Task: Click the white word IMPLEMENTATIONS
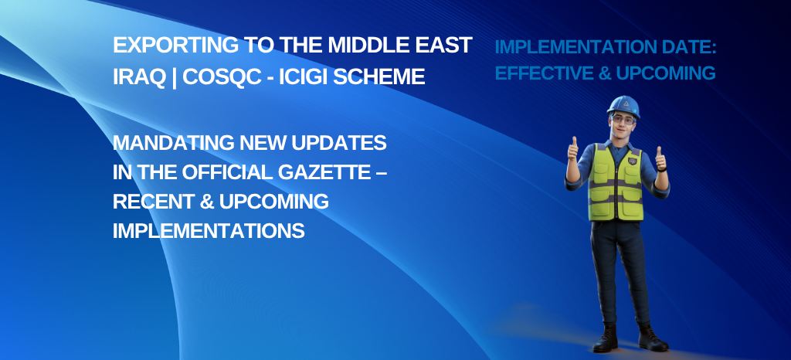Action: click(x=209, y=231)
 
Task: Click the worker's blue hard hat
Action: click(x=623, y=106)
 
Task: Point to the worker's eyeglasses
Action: click(x=623, y=120)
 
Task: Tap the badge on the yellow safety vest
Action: click(x=632, y=161)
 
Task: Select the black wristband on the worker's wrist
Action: click(x=661, y=169)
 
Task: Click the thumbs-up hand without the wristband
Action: click(x=573, y=150)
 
